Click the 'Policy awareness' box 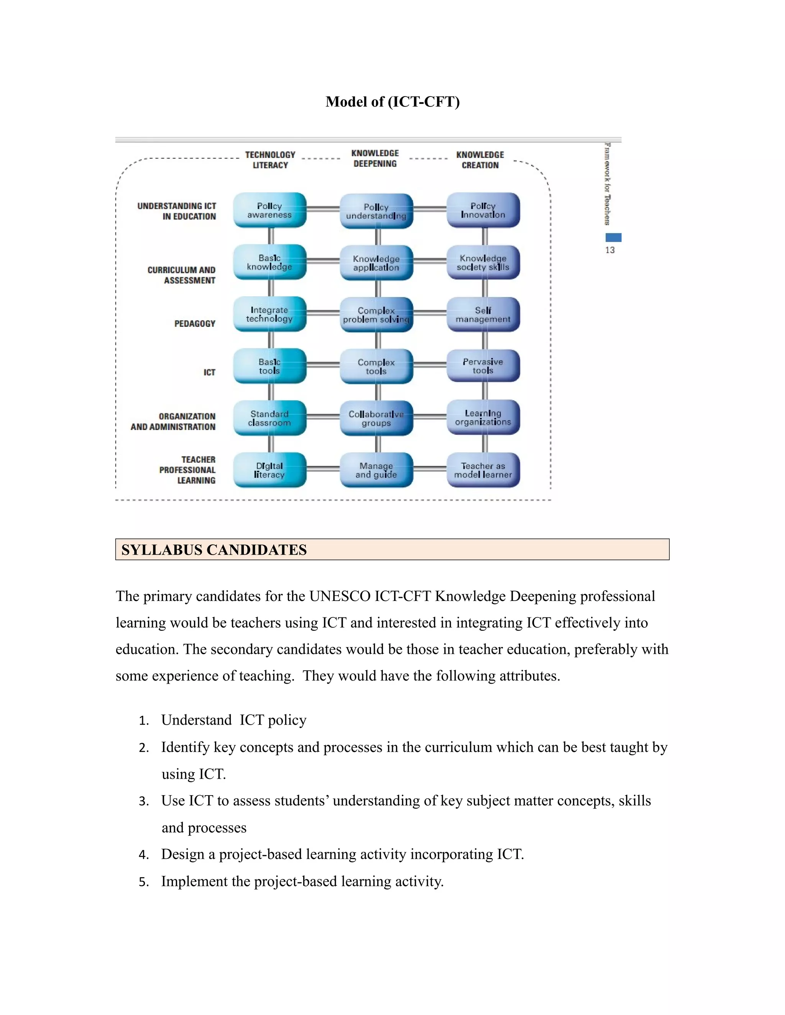point(270,210)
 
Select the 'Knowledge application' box point(376,263)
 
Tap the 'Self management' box point(483,314)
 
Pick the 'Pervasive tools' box point(483,366)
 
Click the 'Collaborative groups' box point(376,418)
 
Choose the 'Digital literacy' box point(270,470)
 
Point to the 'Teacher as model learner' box point(483,470)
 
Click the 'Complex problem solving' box point(376,314)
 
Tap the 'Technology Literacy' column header point(270,160)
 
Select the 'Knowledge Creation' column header point(480,160)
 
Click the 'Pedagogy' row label point(195,324)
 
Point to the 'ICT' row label point(209,372)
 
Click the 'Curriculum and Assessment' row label point(182,275)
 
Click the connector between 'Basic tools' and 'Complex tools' point(323,364)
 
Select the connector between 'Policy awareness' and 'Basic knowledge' point(271,236)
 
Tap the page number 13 point(610,250)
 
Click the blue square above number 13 point(613,237)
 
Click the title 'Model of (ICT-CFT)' point(392,102)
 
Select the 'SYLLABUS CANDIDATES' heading point(214,550)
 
